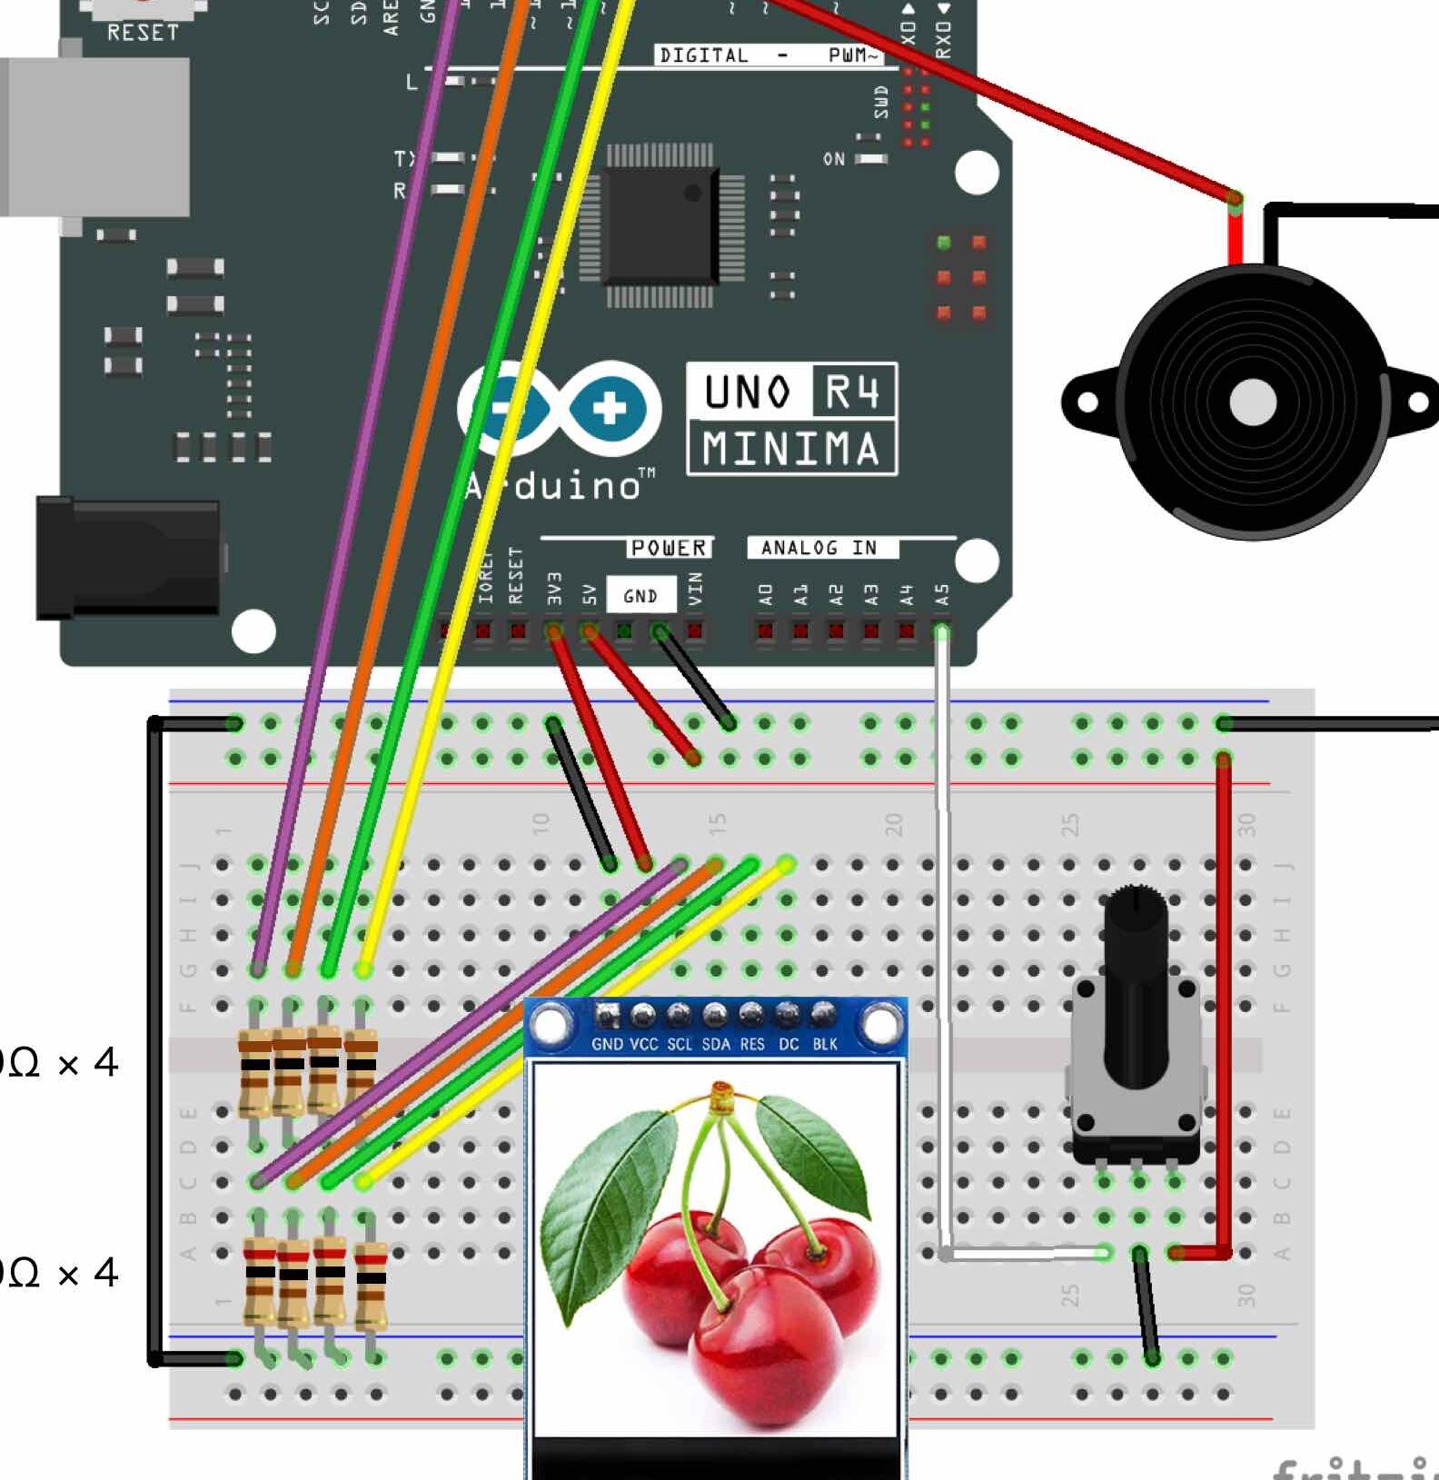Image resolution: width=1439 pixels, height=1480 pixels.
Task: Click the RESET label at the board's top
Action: pos(143,33)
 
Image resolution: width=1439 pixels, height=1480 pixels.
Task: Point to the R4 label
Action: pos(852,392)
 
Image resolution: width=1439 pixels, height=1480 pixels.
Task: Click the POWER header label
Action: pos(670,548)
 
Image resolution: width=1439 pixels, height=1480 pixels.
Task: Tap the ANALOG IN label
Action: pos(819,548)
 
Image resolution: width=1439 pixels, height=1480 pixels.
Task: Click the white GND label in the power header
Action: pos(640,596)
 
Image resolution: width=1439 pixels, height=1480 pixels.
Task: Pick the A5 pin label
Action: pos(942,595)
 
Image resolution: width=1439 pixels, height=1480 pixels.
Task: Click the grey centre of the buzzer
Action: pos(1252,402)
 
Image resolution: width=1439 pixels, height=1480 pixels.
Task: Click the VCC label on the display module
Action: pos(643,1045)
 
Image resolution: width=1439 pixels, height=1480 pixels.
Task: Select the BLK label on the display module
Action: pos(825,1045)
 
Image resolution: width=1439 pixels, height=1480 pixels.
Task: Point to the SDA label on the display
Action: pos(716,1045)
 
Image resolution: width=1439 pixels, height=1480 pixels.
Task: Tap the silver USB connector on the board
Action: pos(94,136)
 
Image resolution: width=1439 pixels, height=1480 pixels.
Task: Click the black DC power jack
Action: pos(127,558)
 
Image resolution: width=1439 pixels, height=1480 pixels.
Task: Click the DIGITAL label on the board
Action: pos(704,55)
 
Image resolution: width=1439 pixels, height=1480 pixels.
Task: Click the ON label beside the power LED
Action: pos(834,159)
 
